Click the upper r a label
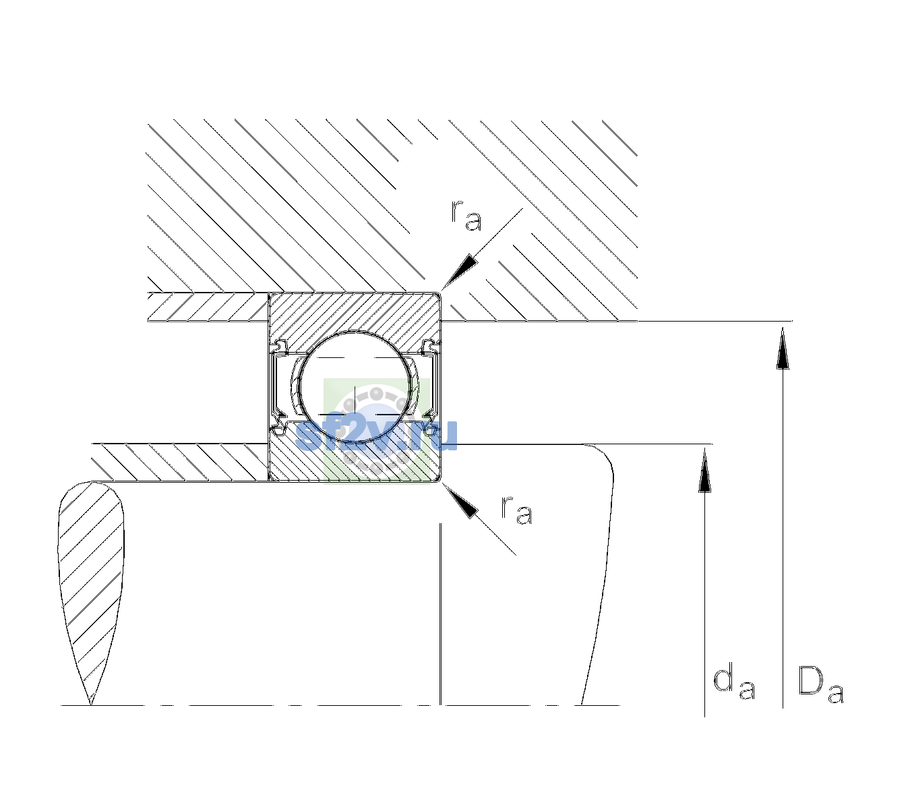[x=466, y=216]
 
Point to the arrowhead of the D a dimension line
[x=783, y=348]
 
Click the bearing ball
[x=355, y=386]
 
